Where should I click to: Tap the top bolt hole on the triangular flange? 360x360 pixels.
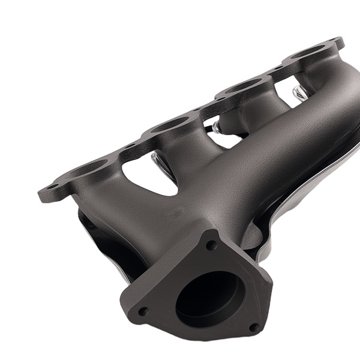211,245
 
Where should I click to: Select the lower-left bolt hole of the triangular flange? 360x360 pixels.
143,311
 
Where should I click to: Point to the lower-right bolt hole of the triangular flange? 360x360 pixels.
254,328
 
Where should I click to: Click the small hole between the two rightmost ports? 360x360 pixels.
278,70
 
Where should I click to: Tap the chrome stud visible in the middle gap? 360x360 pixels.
215,127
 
